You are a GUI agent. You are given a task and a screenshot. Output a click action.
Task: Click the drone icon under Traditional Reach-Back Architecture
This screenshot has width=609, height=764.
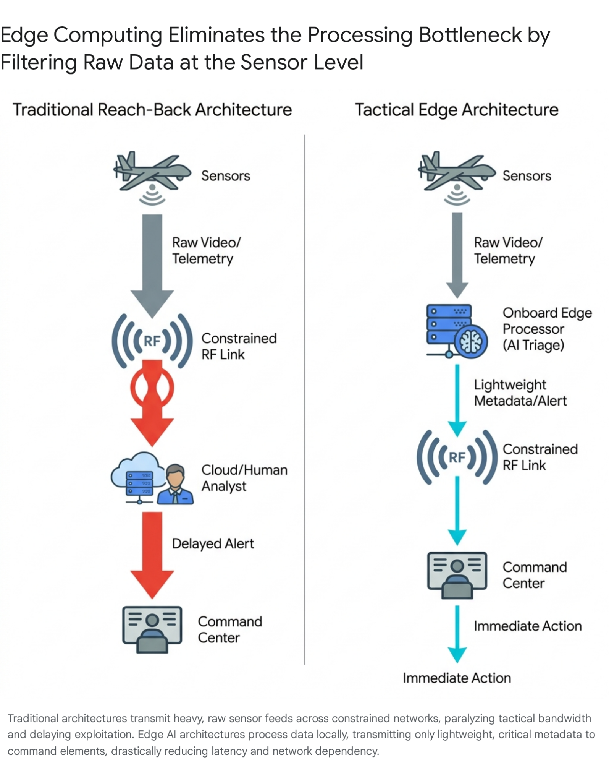(x=152, y=172)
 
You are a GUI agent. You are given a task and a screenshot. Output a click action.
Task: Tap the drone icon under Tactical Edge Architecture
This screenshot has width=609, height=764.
(x=456, y=172)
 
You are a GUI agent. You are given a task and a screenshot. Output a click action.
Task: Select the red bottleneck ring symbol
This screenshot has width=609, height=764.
(x=152, y=388)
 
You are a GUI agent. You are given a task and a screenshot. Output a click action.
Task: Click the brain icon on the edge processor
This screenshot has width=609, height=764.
(x=470, y=341)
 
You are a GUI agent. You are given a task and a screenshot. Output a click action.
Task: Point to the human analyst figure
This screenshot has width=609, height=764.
(x=175, y=485)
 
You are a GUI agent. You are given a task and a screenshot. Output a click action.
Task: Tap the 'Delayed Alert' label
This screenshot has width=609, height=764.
(x=213, y=543)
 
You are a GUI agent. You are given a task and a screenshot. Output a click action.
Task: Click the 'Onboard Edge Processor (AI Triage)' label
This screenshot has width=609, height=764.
(x=547, y=329)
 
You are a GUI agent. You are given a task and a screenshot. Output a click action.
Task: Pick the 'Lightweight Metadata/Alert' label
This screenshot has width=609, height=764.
(x=520, y=393)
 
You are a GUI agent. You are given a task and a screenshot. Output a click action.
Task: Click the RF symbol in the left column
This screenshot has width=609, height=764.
(x=152, y=341)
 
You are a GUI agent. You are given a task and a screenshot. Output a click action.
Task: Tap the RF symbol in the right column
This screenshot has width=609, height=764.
(x=457, y=457)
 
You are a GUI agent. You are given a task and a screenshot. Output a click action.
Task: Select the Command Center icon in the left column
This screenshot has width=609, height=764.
(x=152, y=629)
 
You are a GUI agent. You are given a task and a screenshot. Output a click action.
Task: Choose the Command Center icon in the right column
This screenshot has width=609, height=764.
(x=457, y=574)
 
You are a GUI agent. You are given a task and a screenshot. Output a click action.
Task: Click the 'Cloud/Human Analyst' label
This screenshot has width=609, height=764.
(x=244, y=478)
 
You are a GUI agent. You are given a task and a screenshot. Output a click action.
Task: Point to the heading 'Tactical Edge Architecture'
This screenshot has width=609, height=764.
(x=457, y=110)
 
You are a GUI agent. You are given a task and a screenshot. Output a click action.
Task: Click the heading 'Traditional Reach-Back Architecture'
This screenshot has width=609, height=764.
(x=152, y=110)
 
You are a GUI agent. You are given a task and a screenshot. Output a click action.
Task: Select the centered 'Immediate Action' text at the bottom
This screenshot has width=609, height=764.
(x=457, y=678)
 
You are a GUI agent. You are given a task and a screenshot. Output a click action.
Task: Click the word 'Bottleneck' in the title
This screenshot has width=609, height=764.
(x=470, y=35)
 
